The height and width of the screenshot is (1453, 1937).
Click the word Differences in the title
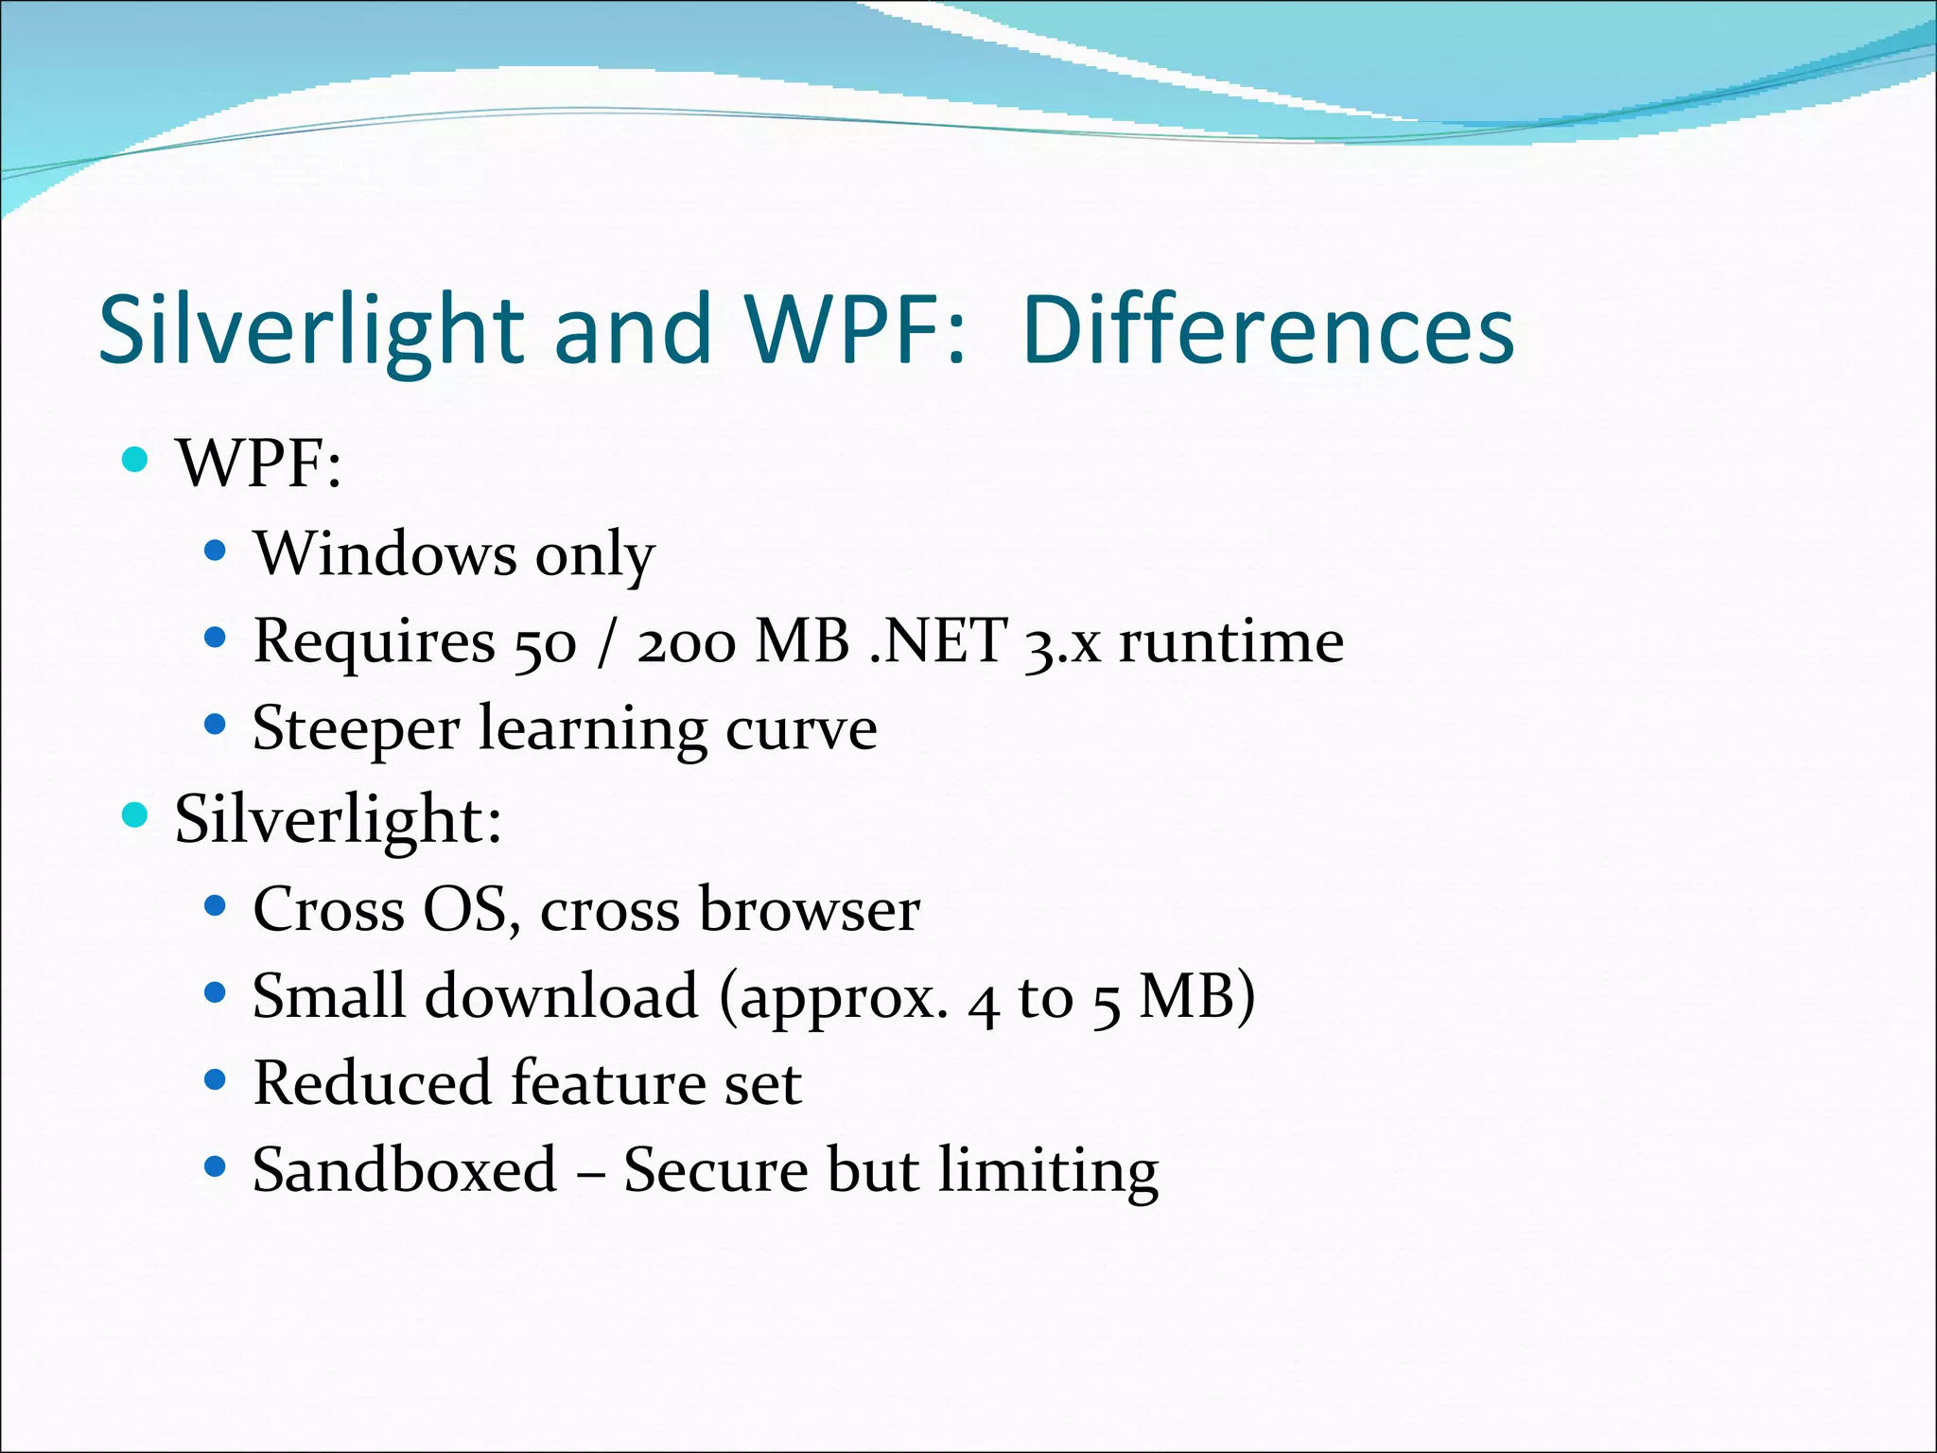point(1268,329)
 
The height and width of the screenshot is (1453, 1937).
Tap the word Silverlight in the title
point(311,331)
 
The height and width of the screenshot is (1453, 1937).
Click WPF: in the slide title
point(856,329)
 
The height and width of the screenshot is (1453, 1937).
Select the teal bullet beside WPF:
point(136,460)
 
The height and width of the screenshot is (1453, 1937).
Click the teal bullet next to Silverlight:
point(136,814)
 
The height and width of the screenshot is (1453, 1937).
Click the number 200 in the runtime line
point(686,643)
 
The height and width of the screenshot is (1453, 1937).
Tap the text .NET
point(937,641)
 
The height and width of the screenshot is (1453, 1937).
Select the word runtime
point(1231,641)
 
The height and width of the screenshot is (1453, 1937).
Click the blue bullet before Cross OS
point(216,906)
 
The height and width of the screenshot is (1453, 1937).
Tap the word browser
point(809,909)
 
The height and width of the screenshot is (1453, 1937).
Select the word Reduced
point(372,1083)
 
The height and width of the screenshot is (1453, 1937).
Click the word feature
point(608,1083)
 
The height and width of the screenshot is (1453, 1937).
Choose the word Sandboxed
point(405,1170)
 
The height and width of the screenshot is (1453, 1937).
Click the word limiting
point(1048,1173)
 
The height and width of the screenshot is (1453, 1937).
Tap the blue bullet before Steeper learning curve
point(216,726)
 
